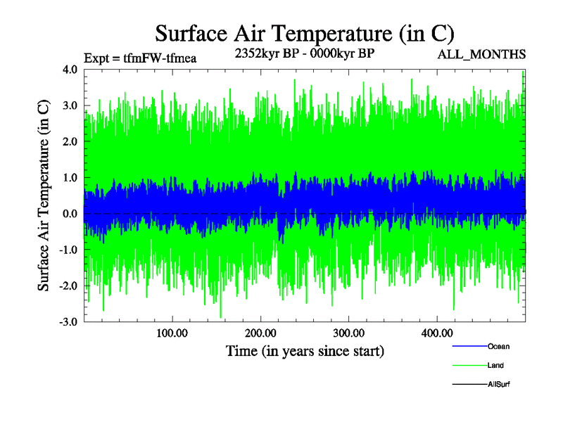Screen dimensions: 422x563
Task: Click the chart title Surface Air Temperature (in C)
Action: [305, 32]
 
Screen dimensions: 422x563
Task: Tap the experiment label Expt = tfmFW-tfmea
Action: [139, 58]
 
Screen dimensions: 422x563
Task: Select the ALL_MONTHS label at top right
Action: [481, 54]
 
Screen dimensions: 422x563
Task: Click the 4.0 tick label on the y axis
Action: [70, 70]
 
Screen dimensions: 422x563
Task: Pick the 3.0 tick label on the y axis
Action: [70, 105]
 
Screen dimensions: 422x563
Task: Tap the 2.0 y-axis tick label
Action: [70, 141]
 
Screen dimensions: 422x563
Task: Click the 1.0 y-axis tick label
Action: [70, 177]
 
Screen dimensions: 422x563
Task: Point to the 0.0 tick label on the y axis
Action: [70, 213]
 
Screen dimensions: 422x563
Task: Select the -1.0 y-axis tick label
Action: [68, 249]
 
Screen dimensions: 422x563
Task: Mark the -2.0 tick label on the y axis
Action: [68, 285]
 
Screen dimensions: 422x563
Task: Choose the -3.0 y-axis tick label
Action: [68, 321]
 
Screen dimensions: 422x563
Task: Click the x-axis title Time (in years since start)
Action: [305, 350]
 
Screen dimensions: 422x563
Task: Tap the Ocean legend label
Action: [498, 347]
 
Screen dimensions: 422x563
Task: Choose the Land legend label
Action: [495, 366]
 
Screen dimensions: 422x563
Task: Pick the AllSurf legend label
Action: [499, 385]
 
